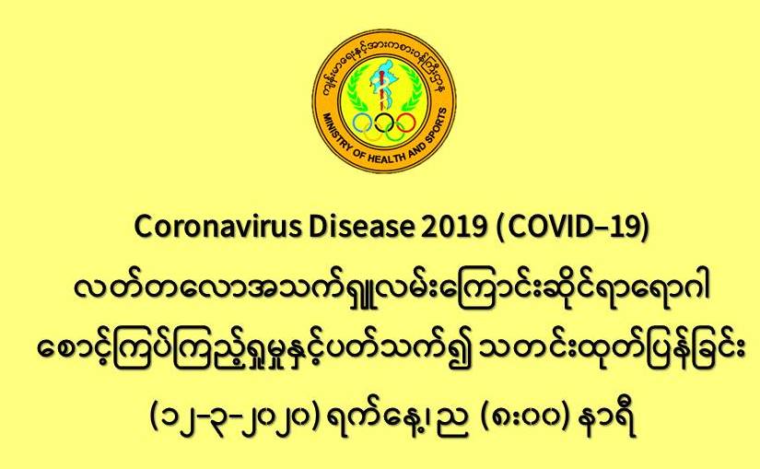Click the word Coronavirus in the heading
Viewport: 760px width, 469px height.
point(217,227)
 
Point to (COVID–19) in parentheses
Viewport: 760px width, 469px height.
point(572,227)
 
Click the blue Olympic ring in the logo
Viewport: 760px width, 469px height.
point(362,123)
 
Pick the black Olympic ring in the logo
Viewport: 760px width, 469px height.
point(384,123)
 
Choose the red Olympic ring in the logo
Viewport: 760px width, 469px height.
point(406,123)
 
